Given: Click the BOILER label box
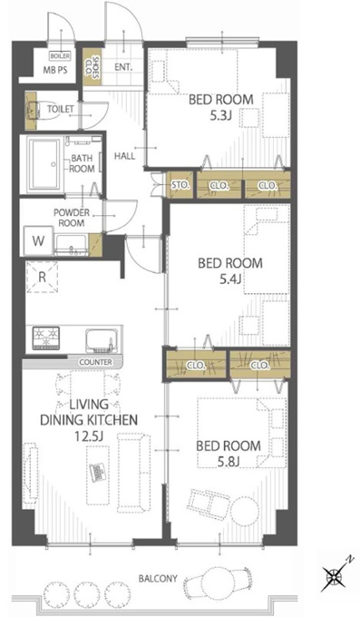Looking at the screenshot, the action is pos(60,56).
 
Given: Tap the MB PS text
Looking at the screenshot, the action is pos(55,70).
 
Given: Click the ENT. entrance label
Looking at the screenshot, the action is pos(123,67).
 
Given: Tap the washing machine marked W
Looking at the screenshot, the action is pos(39,240).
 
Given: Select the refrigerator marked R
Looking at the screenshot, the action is pos(42,277).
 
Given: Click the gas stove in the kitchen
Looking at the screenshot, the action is pos(46,338).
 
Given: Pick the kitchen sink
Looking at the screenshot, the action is pos(102,340).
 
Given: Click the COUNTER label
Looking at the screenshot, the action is pos(95,362).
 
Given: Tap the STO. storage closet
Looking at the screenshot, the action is pos(181,184).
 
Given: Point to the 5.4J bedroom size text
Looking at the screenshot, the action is pos(230,279).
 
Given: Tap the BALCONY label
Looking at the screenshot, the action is pos(158,579).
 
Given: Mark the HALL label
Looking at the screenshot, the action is pos(124,156).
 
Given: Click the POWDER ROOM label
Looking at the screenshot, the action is pos(72,218).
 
